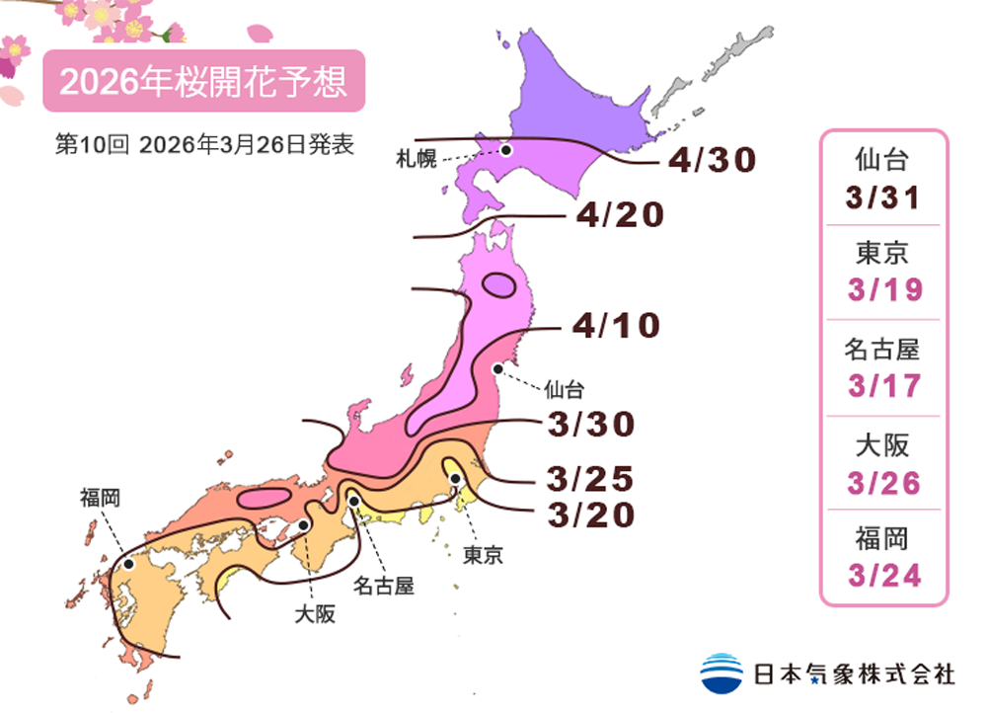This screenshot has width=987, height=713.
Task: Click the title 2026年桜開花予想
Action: [x=203, y=82]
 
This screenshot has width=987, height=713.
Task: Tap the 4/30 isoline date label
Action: [x=711, y=160]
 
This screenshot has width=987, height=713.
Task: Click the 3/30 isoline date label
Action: [x=589, y=424]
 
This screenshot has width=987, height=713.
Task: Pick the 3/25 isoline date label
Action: [x=589, y=480]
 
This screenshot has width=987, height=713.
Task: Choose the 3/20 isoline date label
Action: [x=589, y=515]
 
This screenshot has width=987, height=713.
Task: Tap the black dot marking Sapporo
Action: [x=505, y=150]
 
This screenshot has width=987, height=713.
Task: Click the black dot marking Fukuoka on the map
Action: [x=128, y=564]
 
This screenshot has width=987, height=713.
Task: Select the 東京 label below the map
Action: [x=483, y=555]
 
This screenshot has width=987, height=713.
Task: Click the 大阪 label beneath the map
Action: [x=315, y=614]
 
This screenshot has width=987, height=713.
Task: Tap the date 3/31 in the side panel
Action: [x=883, y=197]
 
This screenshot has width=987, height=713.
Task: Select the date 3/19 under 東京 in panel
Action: [x=883, y=290]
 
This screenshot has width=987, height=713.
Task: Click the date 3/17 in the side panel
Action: [x=883, y=386]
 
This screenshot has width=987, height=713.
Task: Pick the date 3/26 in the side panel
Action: [x=883, y=482]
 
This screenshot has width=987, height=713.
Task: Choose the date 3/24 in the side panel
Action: [x=883, y=575]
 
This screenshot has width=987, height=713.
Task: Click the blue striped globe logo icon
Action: [x=721, y=673]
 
